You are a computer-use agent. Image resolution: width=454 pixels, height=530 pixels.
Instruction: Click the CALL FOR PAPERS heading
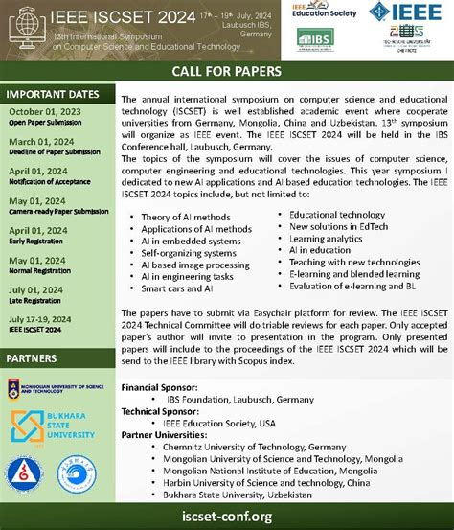click(226, 72)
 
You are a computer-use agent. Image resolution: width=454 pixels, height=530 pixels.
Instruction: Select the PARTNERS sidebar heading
click(34, 357)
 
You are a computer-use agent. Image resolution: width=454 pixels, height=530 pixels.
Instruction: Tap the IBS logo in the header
click(314, 37)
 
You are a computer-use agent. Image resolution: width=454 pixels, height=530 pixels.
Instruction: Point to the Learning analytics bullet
click(320, 238)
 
